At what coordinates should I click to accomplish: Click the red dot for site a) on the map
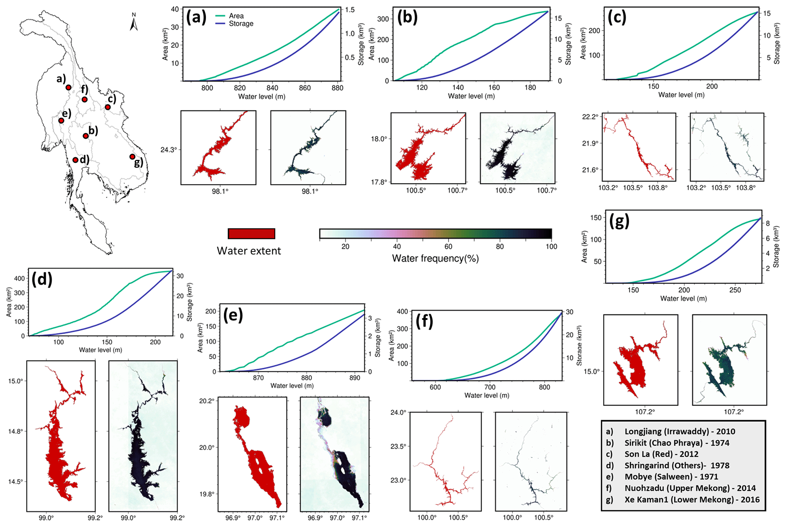click(x=69, y=88)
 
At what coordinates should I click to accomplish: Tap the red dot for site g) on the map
click(x=132, y=157)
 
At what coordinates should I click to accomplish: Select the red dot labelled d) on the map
click(x=75, y=160)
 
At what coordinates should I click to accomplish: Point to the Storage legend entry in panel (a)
click(x=234, y=24)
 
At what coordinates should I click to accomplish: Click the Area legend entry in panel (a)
click(x=230, y=16)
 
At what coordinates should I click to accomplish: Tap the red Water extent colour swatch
click(x=251, y=234)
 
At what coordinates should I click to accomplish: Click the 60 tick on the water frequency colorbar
click(x=449, y=247)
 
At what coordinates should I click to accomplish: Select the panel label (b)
click(x=407, y=17)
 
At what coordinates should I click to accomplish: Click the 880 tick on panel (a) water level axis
click(x=337, y=88)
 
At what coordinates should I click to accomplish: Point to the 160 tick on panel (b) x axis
click(x=494, y=88)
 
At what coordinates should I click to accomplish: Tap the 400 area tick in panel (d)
click(x=20, y=279)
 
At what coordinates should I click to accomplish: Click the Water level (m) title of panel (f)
click(x=487, y=395)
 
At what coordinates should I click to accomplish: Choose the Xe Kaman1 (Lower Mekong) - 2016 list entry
click(x=692, y=500)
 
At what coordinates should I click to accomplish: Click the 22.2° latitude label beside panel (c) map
click(x=590, y=117)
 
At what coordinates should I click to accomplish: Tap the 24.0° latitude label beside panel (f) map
click(x=399, y=412)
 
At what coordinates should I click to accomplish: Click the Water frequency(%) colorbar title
click(x=436, y=258)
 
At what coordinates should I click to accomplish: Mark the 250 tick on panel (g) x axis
click(x=735, y=290)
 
